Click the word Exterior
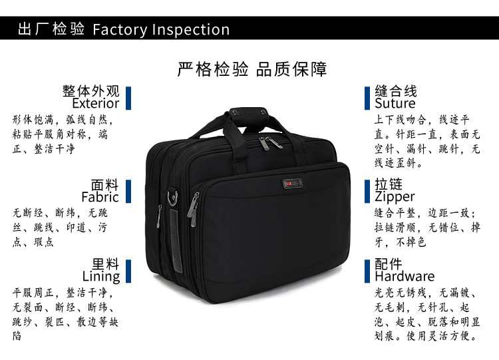pyautogui.click(x=96, y=104)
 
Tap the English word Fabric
pyautogui.click(x=100, y=197)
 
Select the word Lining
pyautogui.click(x=101, y=276)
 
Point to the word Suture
pyautogui.click(x=395, y=104)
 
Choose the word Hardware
pyautogui.click(x=404, y=276)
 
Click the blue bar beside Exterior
pyautogui.click(x=128, y=97)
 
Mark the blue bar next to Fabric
pyautogui.click(x=128, y=190)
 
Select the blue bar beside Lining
pyautogui.click(x=128, y=270)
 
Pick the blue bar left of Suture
pyautogui.click(x=367, y=97)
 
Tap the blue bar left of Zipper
pyautogui.click(x=367, y=190)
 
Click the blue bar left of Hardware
pyautogui.click(x=367, y=270)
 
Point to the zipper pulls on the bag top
pyautogui.click(x=269, y=143)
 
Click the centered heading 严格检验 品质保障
pyautogui.click(x=251, y=69)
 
